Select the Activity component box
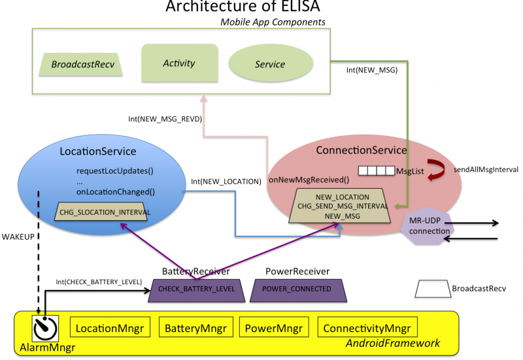coord(179,63)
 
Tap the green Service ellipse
coord(270,64)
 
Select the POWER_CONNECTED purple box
coord(297,289)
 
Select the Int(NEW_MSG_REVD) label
coord(165,120)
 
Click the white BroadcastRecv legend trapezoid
coord(432,287)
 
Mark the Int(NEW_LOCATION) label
coord(226,181)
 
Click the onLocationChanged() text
coord(115,191)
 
